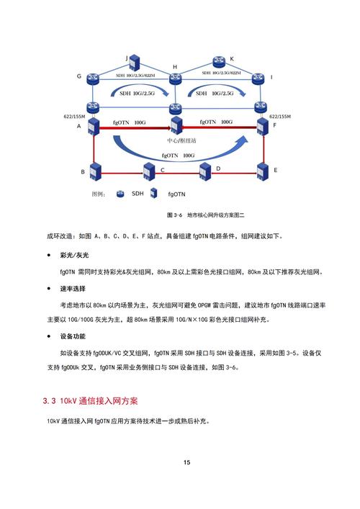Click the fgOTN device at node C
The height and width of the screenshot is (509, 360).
(150, 172)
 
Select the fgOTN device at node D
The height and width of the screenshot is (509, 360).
(207, 172)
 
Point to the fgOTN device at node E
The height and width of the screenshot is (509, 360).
(261, 172)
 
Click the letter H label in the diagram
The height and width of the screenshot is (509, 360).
(174, 67)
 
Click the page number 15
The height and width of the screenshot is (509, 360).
(186, 462)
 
